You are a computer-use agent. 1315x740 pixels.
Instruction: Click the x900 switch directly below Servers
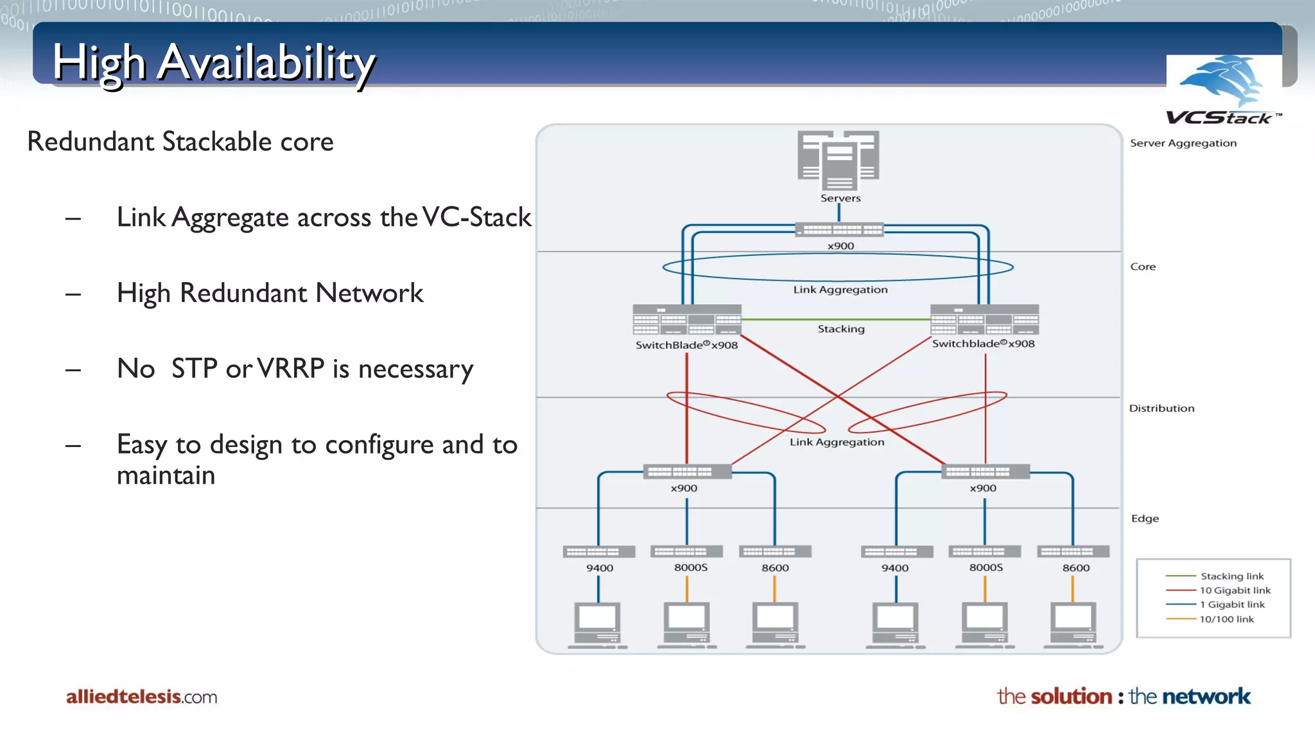839,230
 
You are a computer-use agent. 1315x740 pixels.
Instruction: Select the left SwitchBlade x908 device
686,320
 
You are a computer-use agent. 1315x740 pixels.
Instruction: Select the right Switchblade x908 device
984,319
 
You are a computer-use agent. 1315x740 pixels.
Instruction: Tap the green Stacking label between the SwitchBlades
840,329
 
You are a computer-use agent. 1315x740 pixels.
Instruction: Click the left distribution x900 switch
686,471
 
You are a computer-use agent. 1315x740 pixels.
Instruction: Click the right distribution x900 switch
985,471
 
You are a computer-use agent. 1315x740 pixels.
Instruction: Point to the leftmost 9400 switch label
599,568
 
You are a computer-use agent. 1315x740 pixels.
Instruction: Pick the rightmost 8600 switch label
1076,568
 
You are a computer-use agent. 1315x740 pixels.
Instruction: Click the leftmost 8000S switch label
690,567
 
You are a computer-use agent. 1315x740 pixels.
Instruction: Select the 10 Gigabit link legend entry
1235,590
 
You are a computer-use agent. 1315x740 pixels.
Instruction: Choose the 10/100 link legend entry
1226,619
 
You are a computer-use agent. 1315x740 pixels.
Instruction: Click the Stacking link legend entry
1232,576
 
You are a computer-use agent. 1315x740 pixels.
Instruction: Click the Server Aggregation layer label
1183,143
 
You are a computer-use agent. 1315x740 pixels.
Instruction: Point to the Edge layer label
1145,518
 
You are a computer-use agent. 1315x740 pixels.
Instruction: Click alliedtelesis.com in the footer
141,697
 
